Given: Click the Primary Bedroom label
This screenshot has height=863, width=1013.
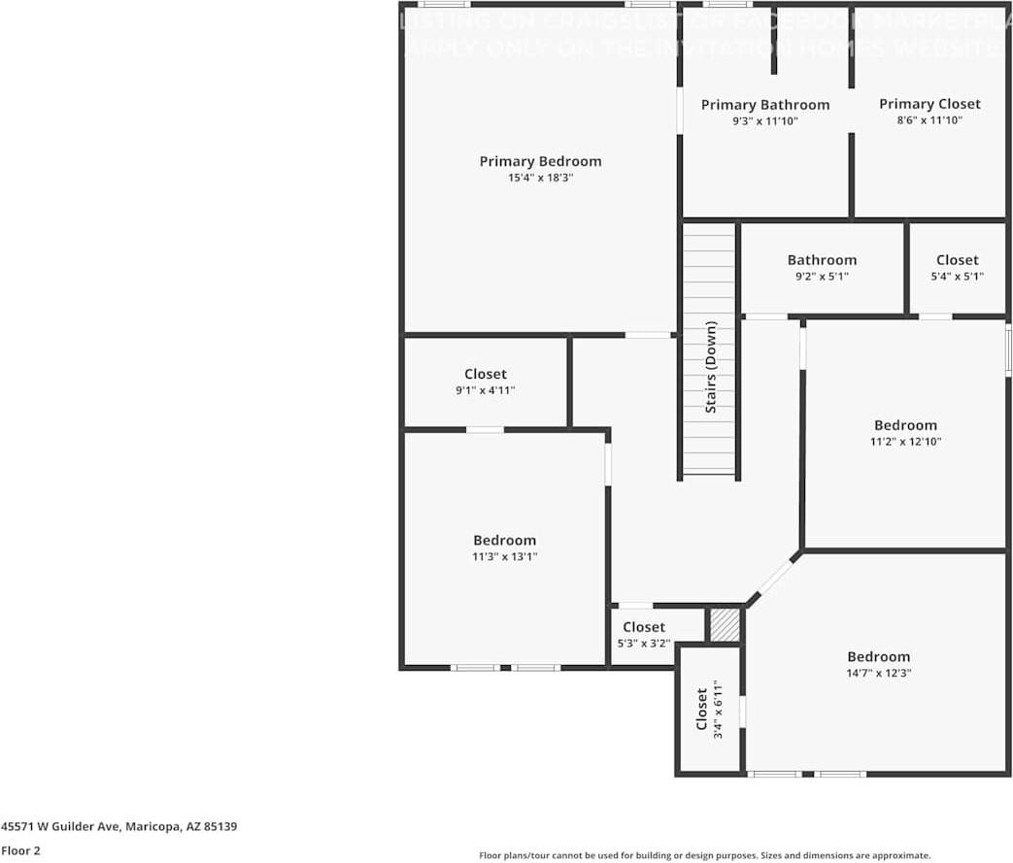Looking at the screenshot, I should click(x=540, y=161).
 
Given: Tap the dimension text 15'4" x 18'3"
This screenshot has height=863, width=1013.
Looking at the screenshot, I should click(x=540, y=178).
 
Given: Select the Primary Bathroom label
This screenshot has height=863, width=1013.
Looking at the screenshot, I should click(x=765, y=105).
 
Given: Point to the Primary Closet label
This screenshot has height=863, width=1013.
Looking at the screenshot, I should click(x=929, y=104).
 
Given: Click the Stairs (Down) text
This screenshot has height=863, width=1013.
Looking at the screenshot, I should click(x=711, y=367).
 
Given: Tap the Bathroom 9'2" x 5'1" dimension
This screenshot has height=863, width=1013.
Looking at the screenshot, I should click(x=822, y=276).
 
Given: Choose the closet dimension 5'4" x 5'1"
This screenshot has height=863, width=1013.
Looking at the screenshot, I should click(x=957, y=276).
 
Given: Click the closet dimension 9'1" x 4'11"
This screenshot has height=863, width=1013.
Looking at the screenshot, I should click(x=485, y=390).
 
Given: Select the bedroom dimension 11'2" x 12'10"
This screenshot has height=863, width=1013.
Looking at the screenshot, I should click(x=905, y=441).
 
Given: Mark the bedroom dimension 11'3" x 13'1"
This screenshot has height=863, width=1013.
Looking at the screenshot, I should click(x=504, y=556).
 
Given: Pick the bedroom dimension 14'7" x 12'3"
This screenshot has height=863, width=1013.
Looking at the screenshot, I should click(x=878, y=673).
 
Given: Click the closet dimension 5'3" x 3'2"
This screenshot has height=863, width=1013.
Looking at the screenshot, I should click(x=644, y=643).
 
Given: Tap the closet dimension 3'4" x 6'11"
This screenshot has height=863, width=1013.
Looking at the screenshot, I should click(x=719, y=712).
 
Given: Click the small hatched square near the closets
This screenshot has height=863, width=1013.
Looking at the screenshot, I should click(x=725, y=625).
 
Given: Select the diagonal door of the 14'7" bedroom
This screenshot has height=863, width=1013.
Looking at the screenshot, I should click(x=775, y=579).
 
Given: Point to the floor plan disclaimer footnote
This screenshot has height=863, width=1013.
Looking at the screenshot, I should click(x=704, y=855).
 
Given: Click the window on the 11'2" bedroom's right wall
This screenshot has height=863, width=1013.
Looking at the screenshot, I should click(x=1008, y=349).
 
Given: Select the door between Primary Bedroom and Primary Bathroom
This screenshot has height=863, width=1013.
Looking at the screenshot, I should click(x=680, y=112).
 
